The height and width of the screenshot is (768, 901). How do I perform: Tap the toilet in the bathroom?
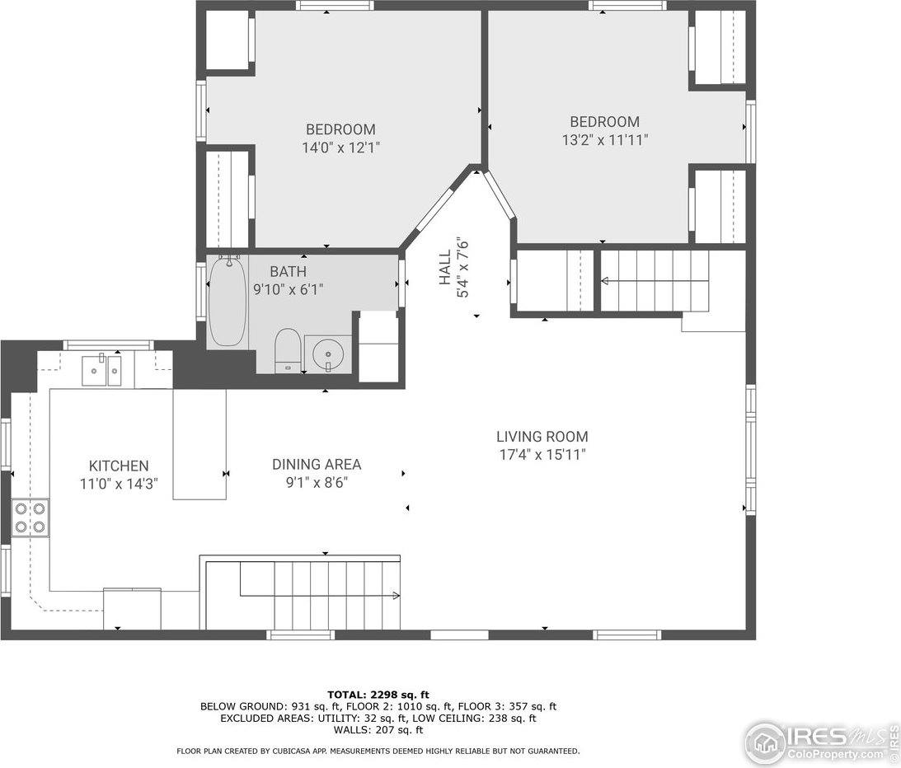click(x=287, y=350)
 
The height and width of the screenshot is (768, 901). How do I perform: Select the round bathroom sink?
click(x=328, y=354)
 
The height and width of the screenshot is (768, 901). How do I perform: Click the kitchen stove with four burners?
click(x=30, y=517)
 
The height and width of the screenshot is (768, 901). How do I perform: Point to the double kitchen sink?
click(x=104, y=371)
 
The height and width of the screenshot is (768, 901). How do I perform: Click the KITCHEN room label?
click(x=119, y=466)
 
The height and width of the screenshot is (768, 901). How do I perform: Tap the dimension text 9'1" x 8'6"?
click(x=317, y=483)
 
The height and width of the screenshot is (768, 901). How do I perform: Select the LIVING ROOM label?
click(x=542, y=437)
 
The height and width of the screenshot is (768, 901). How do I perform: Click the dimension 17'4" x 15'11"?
click(x=542, y=454)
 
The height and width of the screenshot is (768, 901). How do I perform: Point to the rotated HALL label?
click(x=445, y=268)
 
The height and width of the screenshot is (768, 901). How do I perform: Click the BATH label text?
click(x=288, y=271)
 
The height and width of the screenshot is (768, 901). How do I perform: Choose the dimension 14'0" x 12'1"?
click(x=340, y=148)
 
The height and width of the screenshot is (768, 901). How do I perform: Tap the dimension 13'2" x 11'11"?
click(x=604, y=140)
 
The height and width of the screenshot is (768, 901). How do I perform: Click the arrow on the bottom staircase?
click(x=395, y=595)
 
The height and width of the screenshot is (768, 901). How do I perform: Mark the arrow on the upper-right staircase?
click(x=606, y=281)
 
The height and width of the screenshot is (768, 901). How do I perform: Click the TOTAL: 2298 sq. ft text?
click(x=378, y=695)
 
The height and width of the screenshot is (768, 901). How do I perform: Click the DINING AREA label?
click(x=317, y=465)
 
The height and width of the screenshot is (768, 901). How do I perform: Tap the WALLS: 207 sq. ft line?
click(x=378, y=729)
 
